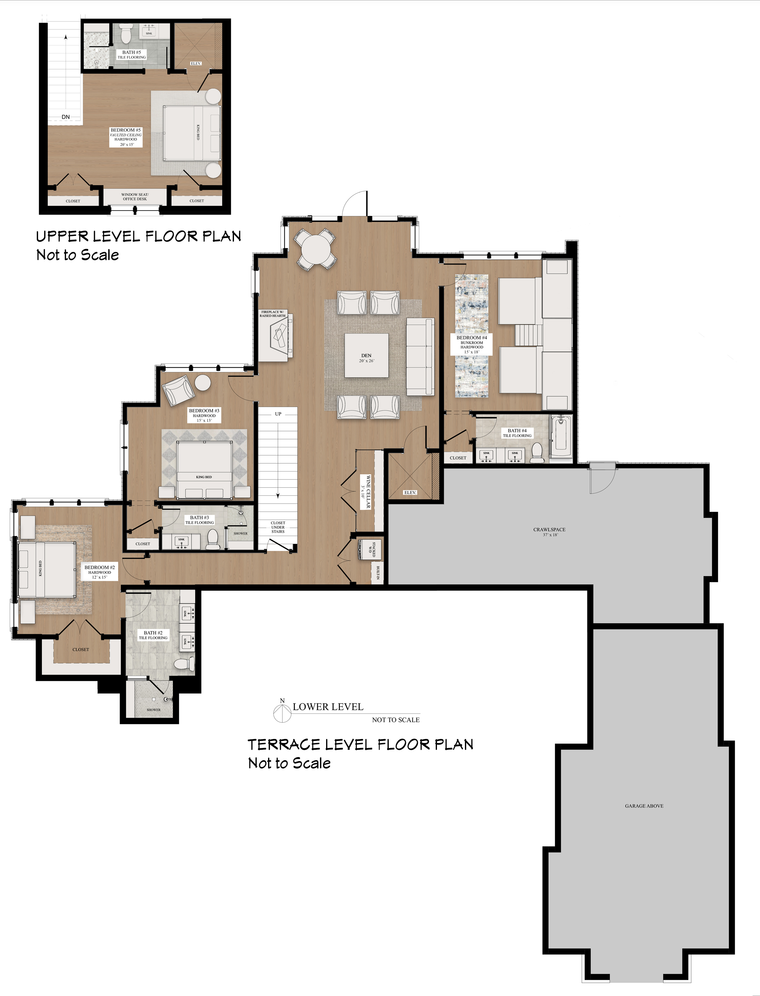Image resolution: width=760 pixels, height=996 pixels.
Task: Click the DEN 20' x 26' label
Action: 366,358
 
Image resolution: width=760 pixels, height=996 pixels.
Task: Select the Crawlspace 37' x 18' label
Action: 549,531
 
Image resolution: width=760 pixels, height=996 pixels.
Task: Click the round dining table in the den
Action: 316,250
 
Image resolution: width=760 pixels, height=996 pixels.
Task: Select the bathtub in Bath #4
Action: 561,437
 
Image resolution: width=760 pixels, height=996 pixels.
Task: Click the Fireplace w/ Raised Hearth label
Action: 272,314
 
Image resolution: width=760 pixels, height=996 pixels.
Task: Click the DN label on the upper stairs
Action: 66,117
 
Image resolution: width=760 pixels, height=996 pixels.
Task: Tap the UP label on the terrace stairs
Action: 278,414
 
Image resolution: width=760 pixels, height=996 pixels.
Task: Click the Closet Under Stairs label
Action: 278,527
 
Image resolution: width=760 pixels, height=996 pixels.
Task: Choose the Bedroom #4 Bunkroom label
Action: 471,344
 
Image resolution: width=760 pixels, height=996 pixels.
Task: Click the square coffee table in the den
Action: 366,356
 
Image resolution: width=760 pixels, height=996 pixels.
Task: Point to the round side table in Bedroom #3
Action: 203,383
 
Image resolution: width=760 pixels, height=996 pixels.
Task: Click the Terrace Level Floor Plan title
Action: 360,745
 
